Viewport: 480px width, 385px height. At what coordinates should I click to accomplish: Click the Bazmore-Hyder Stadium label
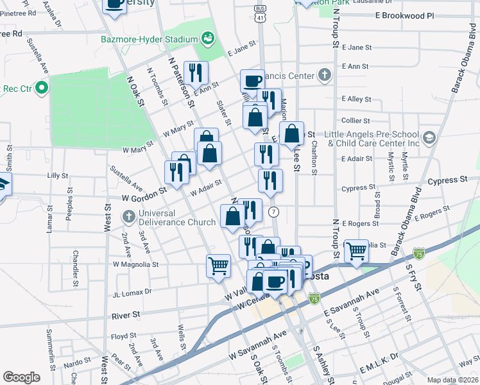tap(150, 38)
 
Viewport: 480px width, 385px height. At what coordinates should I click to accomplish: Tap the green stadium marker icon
tap(208, 38)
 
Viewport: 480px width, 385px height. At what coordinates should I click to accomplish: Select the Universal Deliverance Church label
tap(176, 218)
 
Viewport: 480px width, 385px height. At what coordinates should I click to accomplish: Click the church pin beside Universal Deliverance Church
tap(129, 216)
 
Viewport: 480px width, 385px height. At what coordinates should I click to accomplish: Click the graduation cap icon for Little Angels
tap(429, 137)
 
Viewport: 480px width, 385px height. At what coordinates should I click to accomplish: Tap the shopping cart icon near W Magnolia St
tap(219, 265)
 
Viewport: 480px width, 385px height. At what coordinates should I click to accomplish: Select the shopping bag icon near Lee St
tap(292, 134)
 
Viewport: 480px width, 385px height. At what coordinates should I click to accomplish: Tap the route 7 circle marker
tap(274, 211)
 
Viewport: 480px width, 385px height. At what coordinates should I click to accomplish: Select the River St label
tap(126, 315)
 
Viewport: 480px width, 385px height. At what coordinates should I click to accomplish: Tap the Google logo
tap(21, 377)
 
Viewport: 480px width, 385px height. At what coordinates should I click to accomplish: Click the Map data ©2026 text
tap(453, 381)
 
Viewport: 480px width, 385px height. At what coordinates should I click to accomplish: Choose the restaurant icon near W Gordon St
tap(175, 171)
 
